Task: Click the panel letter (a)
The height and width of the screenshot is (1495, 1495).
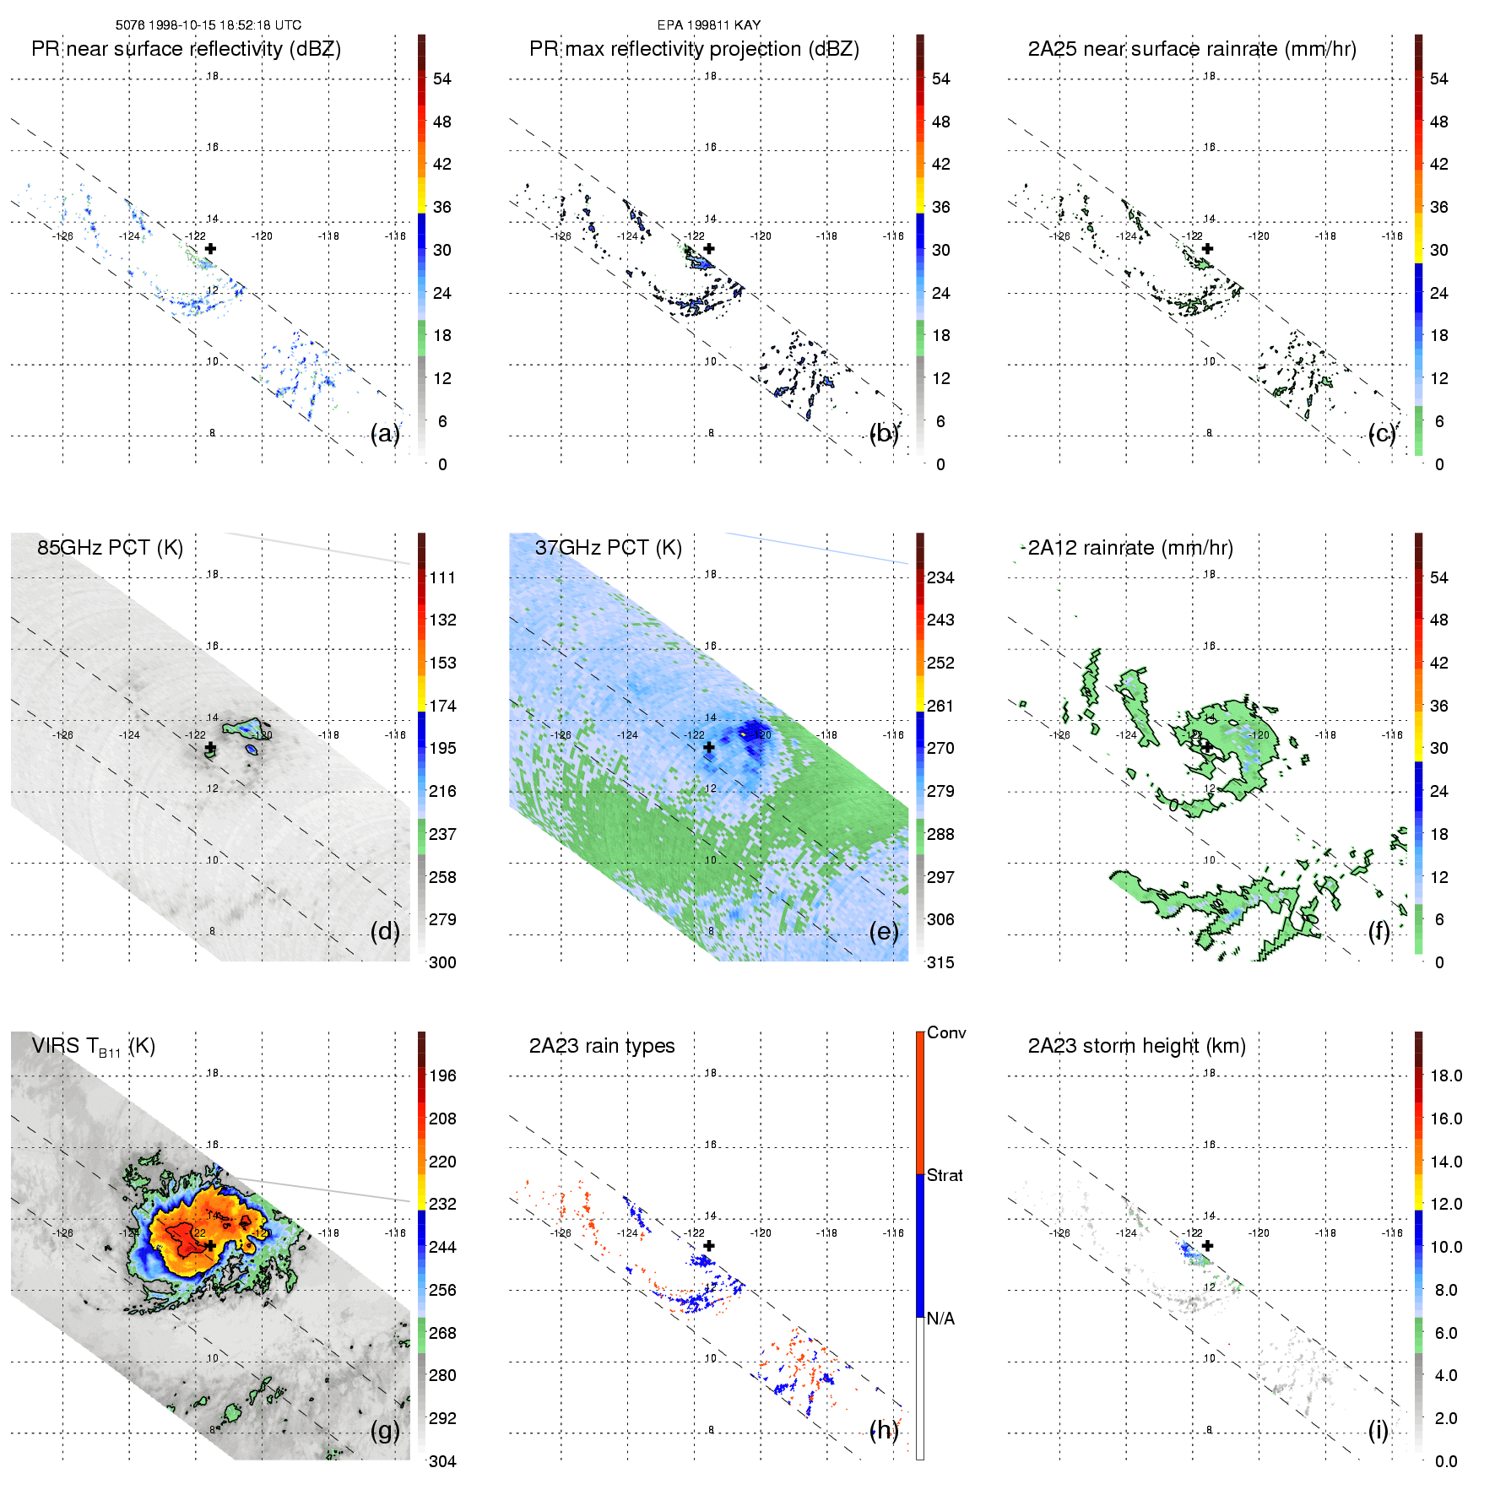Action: click(x=384, y=434)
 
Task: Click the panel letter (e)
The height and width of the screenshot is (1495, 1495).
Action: click(x=883, y=932)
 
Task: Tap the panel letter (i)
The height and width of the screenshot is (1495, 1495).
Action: click(x=1378, y=1430)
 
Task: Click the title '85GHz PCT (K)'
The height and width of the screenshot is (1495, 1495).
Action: click(x=110, y=548)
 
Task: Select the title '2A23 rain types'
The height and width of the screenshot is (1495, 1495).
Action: click(x=602, y=1046)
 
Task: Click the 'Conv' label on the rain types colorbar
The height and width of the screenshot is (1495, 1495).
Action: click(x=946, y=1032)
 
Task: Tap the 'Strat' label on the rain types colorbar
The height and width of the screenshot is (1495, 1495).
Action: click(x=945, y=1175)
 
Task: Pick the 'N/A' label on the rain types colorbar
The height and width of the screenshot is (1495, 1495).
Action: click(x=940, y=1319)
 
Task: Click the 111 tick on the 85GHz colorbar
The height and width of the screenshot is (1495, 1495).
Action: click(x=442, y=577)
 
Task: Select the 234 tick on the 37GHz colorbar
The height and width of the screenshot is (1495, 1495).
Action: click(x=940, y=577)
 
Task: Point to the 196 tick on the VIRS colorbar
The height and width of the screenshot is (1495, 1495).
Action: click(x=442, y=1075)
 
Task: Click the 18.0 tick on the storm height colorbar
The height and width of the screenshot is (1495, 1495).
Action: click(x=1446, y=1075)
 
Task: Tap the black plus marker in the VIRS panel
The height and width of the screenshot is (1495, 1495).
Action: click(x=210, y=1245)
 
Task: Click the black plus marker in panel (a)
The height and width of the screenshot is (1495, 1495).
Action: click(x=210, y=248)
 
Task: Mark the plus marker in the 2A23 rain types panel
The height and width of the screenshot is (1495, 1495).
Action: click(x=709, y=1245)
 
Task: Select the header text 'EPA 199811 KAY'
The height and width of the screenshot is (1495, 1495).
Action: click(x=709, y=25)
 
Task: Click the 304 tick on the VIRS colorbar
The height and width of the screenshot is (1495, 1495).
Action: click(x=442, y=1461)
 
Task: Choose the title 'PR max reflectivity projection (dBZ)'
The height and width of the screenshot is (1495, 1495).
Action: click(x=694, y=49)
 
